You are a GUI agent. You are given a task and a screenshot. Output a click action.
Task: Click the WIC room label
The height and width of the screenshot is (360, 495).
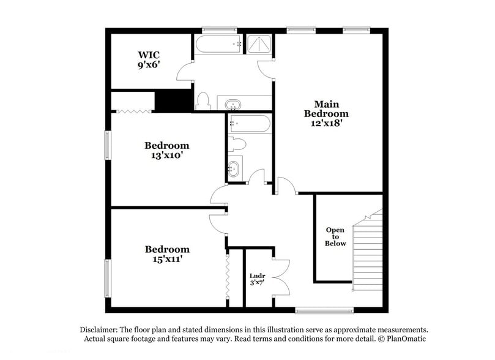pyautogui.click(x=149, y=54)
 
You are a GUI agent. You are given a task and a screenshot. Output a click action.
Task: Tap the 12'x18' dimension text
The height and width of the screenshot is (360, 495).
pyautogui.click(x=327, y=122)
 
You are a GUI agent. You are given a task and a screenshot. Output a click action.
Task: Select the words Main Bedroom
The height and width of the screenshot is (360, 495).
pyautogui.click(x=327, y=109)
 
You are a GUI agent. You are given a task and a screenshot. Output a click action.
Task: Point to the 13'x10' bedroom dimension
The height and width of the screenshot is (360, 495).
pyautogui.click(x=166, y=156)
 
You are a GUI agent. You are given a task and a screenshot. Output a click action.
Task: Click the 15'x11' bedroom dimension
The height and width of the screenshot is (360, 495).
pyautogui.click(x=166, y=259)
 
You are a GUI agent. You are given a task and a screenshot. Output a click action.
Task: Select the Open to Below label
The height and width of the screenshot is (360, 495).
pyautogui.click(x=335, y=237)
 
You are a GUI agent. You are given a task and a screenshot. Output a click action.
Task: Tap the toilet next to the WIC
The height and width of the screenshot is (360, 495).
pyautogui.click(x=204, y=100)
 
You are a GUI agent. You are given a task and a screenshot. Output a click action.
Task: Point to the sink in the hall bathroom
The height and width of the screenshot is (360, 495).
pyautogui.click(x=234, y=167)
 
